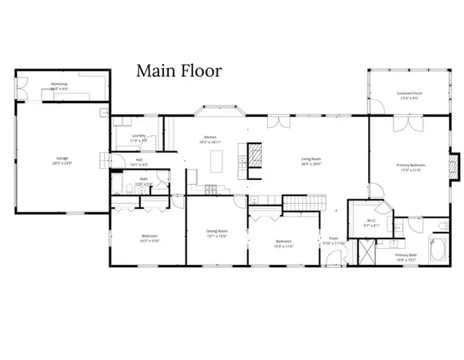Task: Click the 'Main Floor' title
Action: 178,71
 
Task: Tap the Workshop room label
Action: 58,86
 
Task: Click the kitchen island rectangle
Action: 214,162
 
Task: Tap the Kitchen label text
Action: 210,139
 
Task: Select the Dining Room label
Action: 218,234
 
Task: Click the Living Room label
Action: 310,162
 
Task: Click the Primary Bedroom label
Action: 409,168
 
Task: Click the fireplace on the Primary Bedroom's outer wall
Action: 456,166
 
